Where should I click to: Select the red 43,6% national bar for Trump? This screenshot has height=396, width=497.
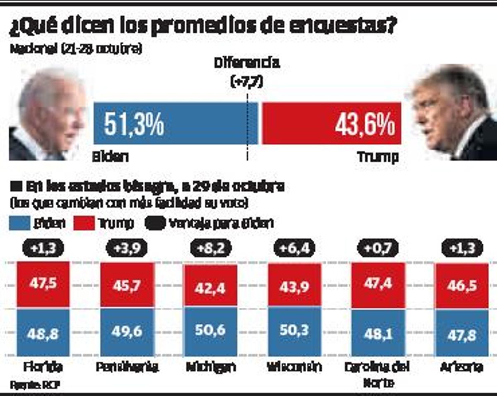[331, 123]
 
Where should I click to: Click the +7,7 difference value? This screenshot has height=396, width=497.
[247, 82]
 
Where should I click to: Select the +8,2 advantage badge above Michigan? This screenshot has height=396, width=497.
[211, 249]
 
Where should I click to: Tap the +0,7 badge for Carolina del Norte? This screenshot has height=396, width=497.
[377, 249]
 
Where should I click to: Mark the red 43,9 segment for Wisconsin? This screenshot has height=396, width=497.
[294, 286]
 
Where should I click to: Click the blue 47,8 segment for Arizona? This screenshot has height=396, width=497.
[461, 333]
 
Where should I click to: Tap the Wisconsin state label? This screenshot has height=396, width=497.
[294, 367]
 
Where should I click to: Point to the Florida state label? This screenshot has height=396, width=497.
[43, 367]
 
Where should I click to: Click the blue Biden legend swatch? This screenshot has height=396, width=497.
[19, 223]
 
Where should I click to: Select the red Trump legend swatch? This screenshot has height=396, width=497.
[84, 223]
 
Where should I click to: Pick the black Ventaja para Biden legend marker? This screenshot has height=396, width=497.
[155, 223]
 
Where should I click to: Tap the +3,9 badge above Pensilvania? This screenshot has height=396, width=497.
[127, 249]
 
